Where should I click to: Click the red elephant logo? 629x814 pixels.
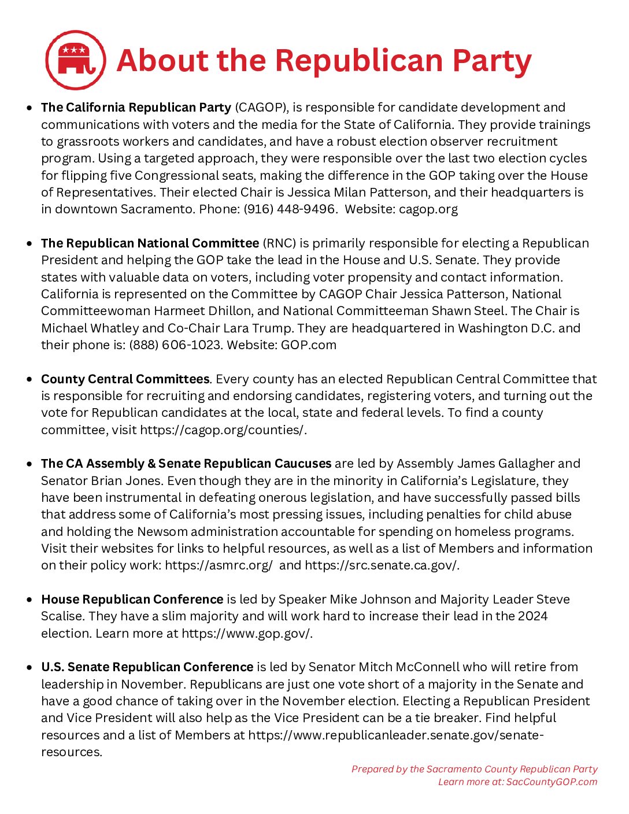[76, 60]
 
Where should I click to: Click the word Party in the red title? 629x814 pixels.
[491, 61]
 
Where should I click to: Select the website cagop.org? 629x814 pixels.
[428, 209]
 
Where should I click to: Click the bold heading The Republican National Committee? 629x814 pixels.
[150, 243]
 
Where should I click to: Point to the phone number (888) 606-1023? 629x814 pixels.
[175, 345]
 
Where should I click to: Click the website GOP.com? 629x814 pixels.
[309, 345]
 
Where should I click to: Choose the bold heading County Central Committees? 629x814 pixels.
[125, 379]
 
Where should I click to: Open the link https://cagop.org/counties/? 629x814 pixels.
[223, 430]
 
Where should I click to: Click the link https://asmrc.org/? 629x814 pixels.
[219, 565]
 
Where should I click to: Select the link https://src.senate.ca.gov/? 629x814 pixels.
[382, 565]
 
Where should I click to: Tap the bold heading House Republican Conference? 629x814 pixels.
[132, 600]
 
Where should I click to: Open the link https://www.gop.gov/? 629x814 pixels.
[247, 634]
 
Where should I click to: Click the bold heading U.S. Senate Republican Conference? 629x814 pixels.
[147, 667]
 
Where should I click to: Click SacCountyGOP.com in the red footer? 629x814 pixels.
[552, 782]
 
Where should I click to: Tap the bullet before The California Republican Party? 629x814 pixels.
[29, 108]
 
